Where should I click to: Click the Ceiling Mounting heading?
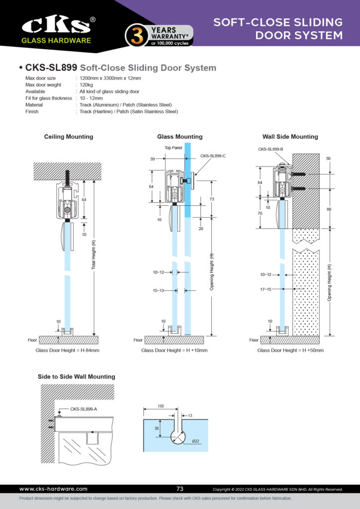(x=69, y=137)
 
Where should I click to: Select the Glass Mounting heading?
(x=180, y=137)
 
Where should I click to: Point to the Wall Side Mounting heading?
(x=290, y=137)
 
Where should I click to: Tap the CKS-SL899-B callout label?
(x=270, y=149)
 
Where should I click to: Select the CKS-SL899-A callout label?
(x=84, y=409)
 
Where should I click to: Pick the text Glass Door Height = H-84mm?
(x=68, y=350)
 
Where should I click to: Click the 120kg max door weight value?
(x=87, y=85)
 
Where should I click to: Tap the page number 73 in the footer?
(x=180, y=489)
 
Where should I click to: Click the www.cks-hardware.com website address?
(x=53, y=489)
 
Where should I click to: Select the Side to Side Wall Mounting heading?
(x=76, y=377)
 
